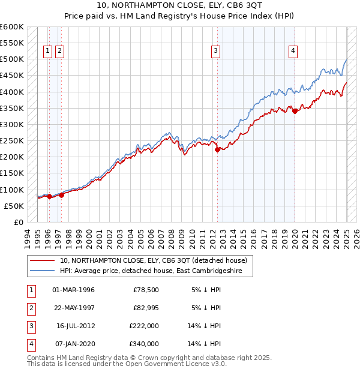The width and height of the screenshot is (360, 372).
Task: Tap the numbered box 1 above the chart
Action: tap(47, 51)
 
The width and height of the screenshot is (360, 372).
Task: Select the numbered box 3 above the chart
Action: tap(215, 51)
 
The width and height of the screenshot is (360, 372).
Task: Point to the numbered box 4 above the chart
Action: tap(293, 51)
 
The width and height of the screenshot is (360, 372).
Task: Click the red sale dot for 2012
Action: tap(217, 150)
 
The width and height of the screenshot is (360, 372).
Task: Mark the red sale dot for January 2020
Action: tap(295, 111)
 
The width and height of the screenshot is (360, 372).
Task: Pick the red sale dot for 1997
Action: tap(61, 194)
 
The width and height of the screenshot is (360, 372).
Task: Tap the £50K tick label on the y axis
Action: tap(14, 206)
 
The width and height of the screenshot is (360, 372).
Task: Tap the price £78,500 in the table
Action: tap(146, 290)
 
